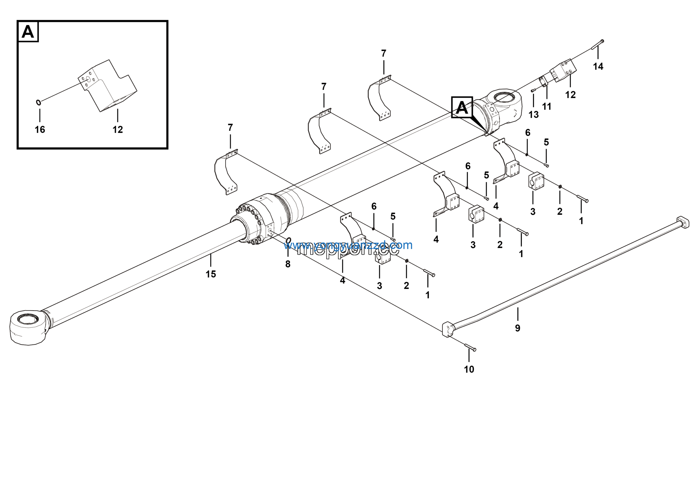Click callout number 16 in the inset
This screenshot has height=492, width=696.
pos(40,130)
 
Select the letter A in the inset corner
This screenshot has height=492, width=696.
pos(28,32)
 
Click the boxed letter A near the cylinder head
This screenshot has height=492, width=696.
pos(462,107)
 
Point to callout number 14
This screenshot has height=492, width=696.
pos(598,66)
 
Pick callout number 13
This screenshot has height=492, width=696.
pos(533,114)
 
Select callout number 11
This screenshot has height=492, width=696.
pos(546,106)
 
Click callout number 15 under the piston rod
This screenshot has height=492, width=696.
pos(211,274)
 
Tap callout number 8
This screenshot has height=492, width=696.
pos(288,264)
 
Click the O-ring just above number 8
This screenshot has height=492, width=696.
pos(288,241)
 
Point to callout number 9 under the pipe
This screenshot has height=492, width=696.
pos(517,328)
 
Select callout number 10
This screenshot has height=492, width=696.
pos(469,369)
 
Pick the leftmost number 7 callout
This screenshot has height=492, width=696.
pos(230,127)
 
